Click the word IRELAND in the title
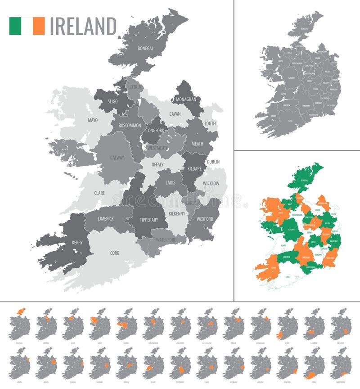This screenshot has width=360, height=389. [x=83, y=26]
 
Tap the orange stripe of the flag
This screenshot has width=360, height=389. [x=39, y=26]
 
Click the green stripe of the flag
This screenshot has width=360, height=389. [x=15, y=26]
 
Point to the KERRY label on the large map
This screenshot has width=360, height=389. [x=77, y=243]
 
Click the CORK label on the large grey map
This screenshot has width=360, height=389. [x=115, y=253]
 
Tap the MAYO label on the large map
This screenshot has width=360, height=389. [x=93, y=120]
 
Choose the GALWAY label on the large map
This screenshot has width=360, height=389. [x=117, y=158]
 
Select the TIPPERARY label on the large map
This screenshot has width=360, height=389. [x=148, y=220]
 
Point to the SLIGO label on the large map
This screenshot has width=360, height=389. [x=112, y=101]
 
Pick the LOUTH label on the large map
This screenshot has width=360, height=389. [x=210, y=123]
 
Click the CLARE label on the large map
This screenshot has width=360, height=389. [x=99, y=193]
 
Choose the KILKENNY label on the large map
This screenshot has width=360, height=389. [x=176, y=213]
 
